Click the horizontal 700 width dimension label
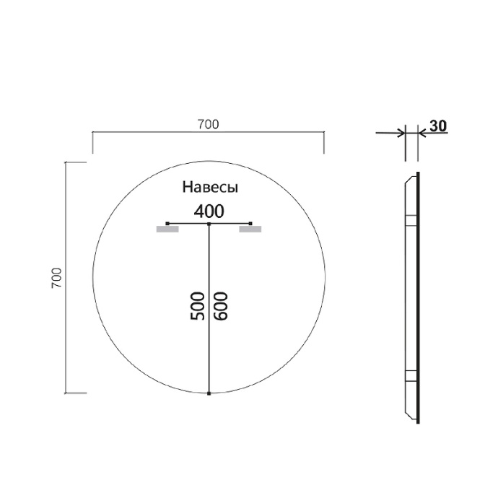208,124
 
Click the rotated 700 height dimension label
58,278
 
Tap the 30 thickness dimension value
438,125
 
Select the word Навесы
209,187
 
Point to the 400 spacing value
209,211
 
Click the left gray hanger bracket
167,230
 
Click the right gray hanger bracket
250,230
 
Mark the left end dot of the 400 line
167,223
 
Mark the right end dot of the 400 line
250,223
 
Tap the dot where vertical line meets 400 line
209,224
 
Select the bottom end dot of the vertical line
209,393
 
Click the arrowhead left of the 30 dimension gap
401,132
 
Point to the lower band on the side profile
411,375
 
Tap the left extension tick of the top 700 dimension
92,143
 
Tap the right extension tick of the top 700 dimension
323,143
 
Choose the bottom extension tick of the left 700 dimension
76,393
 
